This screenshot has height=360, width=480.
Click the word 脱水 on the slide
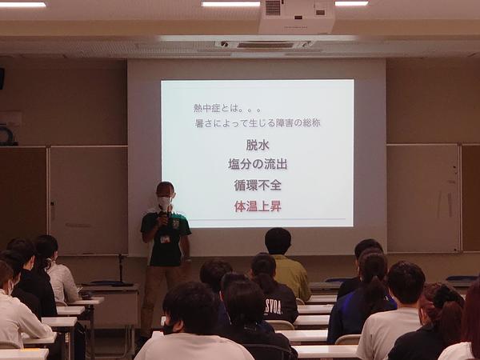point(258,145)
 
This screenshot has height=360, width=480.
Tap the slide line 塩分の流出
point(258,164)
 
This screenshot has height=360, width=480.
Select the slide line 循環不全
point(258,185)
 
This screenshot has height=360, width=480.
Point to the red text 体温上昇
point(258,206)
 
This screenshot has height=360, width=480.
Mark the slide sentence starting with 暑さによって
point(258,123)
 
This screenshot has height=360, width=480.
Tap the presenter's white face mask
point(165,202)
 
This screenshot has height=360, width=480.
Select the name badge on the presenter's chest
point(165,239)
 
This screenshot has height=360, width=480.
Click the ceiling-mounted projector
point(296,17)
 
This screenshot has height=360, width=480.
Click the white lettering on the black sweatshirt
point(273,307)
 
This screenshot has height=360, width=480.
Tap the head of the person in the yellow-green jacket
point(278,241)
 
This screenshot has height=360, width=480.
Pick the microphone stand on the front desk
point(122,270)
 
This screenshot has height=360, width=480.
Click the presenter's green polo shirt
point(166,238)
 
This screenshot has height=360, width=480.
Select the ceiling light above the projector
point(231,4)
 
